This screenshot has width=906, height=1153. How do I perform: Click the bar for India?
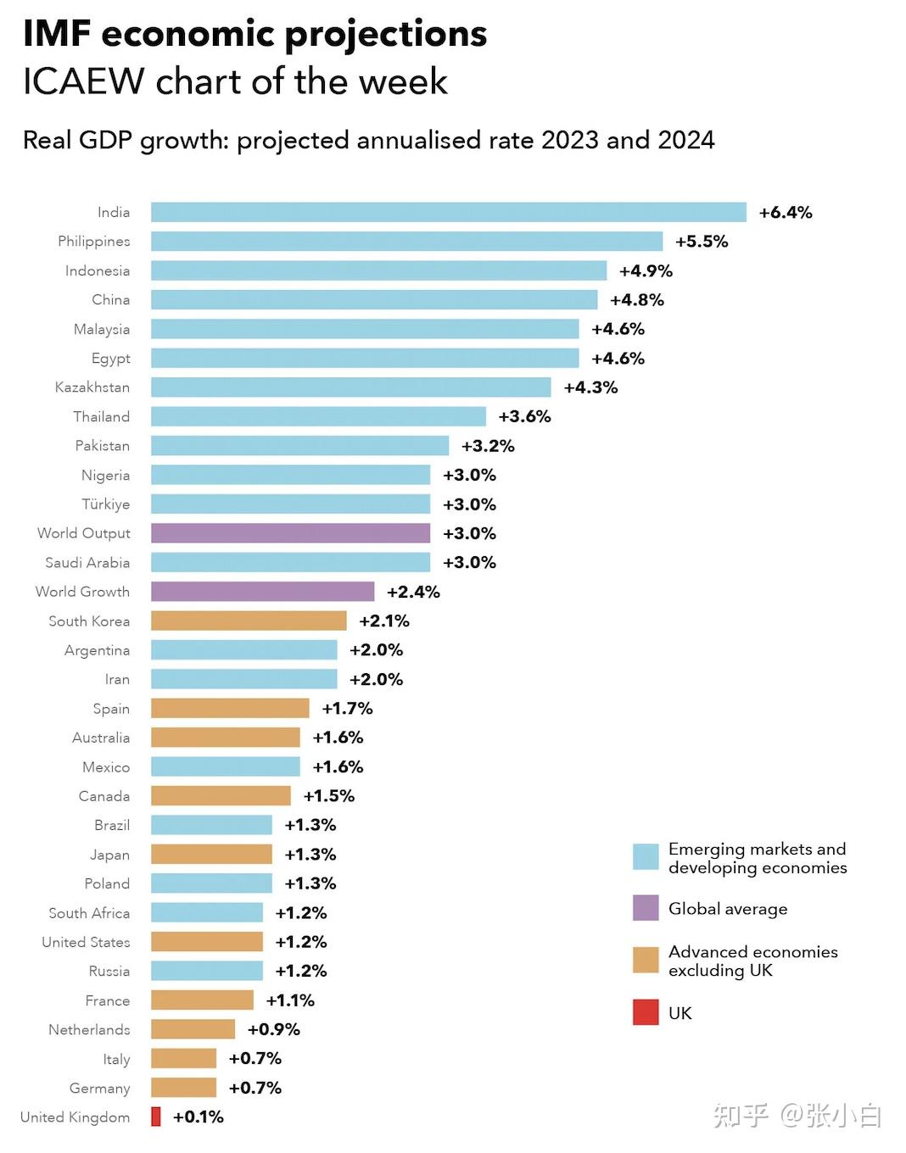coord(448,212)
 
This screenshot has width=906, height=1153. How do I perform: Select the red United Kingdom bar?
coord(156,1117)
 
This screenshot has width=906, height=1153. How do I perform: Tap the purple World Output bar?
coord(290,533)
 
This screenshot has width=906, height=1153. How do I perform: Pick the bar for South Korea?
coord(249,621)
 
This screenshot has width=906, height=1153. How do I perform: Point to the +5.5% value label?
coord(702,242)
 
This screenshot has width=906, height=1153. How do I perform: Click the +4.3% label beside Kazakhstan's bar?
coord(590,387)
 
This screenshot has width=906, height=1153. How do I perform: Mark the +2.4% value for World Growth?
coord(413,592)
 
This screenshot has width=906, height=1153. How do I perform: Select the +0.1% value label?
coord(198,1117)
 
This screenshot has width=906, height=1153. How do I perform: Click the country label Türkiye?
coord(106,504)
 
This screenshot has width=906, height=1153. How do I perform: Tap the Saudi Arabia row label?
coord(87,563)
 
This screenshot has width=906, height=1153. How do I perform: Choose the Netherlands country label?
coord(89,1029)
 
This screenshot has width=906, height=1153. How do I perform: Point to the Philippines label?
coord(94,242)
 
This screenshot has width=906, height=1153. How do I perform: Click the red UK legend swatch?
coord(646,1012)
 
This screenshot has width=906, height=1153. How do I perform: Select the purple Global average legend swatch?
coord(646,908)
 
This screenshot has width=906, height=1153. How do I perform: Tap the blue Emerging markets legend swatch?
coord(646,857)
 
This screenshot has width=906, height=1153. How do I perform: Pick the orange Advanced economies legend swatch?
coord(646,961)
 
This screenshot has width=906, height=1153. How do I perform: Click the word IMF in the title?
coord(56,34)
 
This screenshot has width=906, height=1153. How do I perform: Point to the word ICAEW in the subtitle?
coord(83,81)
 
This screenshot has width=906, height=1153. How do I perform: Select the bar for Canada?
coord(221,795)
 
